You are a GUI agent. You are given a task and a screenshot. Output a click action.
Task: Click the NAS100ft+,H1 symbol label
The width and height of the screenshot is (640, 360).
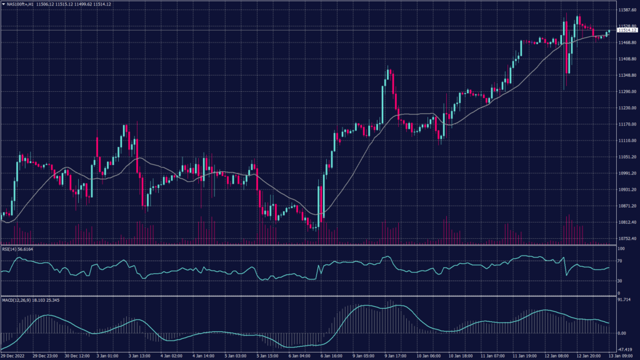pyautogui.click(x=20, y=4)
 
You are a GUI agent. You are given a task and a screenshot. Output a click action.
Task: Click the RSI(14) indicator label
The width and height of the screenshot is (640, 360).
pyautogui.click(x=9, y=248)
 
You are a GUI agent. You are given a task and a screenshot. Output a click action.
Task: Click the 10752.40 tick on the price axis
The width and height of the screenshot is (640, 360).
pyautogui.click(x=626, y=238)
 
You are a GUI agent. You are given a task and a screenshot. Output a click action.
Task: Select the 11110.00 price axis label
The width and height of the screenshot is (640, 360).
pyautogui.click(x=626, y=141)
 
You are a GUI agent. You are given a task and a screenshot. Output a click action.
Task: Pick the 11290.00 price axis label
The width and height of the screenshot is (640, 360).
pyautogui.click(x=626, y=92)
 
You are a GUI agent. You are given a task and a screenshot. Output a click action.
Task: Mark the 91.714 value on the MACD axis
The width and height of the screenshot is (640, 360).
pyautogui.click(x=624, y=301)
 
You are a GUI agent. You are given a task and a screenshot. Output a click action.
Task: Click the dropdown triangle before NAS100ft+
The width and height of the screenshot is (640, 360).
pyautogui.click(x=2, y=4)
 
